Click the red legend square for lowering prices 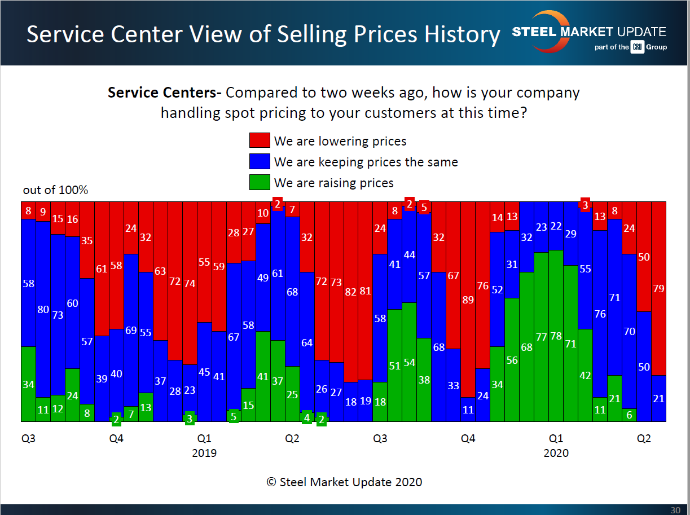click(259, 141)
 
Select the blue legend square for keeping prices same click(259, 162)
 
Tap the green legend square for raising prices click(259, 182)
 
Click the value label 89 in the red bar click(468, 300)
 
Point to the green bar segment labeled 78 click(556, 336)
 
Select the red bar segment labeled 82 click(350, 292)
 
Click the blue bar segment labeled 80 click(43, 310)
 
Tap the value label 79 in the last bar click(658, 289)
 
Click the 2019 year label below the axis click(204, 453)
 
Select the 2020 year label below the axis click(556, 453)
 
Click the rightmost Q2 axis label click(644, 438)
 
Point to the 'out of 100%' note click(55, 190)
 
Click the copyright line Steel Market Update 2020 click(344, 482)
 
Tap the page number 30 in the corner click(675, 509)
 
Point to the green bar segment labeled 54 click(409, 362)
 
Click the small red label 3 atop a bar click(586, 205)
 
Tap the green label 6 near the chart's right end click(629, 413)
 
